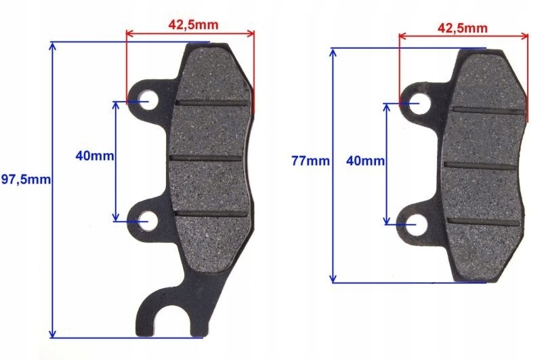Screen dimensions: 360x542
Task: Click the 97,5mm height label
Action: click(26, 180)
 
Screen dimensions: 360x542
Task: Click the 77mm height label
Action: click(310, 161)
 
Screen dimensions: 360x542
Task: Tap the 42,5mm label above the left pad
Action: click(192, 25)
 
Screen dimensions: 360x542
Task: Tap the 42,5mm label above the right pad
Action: click(462, 28)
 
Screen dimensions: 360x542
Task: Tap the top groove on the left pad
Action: click(211, 103)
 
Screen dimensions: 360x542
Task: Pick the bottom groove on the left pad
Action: click(211, 214)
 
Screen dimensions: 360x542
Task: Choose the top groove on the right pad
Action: click(488, 110)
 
